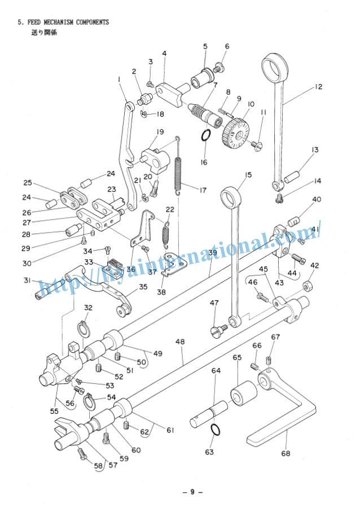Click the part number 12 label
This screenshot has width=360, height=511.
319,87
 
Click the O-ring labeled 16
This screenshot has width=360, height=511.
206,137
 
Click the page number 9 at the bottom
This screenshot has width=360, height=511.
192,491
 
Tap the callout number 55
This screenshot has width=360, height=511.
54,412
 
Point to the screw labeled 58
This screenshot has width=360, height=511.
85,453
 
